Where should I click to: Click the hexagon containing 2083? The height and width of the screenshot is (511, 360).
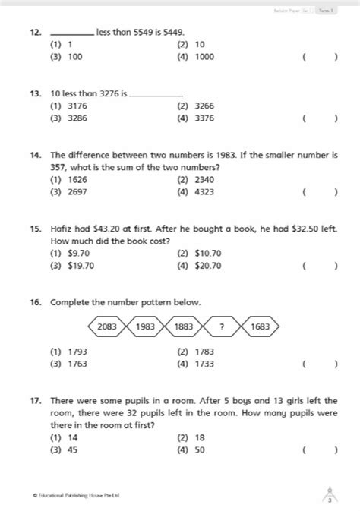pyautogui.click(x=108, y=326)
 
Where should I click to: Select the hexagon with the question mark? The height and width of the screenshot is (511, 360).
pyautogui.click(x=222, y=326)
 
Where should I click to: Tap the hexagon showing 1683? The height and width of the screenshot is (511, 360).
pyautogui.click(x=260, y=326)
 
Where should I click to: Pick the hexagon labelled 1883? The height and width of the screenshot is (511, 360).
pyautogui.click(x=183, y=326)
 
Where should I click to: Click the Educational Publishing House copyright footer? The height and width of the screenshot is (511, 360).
pyautogui.click(x=76, y=495)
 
